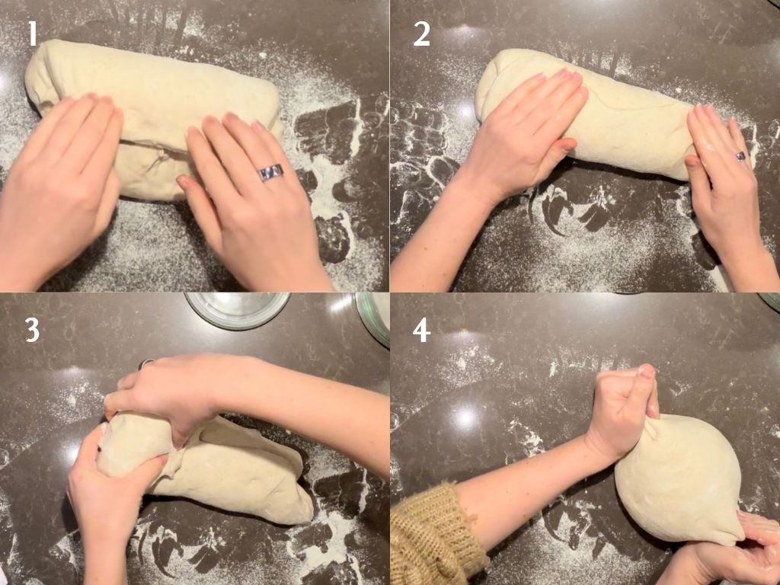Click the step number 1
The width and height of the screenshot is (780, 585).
(33, 34)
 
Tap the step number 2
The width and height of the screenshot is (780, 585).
(422, 34)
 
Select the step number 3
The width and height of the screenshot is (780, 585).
(32, 329)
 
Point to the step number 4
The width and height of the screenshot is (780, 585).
(421, 330)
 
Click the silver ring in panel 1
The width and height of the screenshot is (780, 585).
(270, 172)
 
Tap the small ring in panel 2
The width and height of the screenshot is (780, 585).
(740, 156)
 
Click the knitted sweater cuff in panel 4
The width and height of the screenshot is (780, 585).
(438, 537)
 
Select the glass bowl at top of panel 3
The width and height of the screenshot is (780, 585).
(238, 309)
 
